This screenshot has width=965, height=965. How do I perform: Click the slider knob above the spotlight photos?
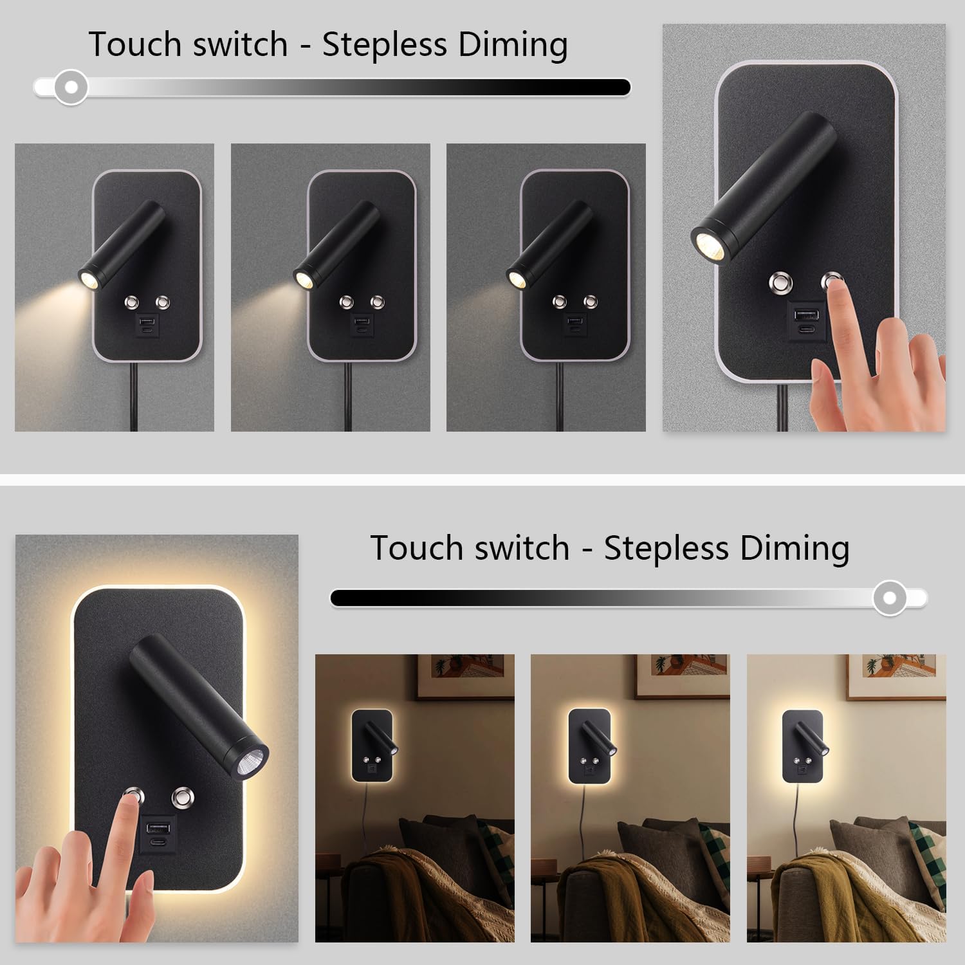[x=71, y=86]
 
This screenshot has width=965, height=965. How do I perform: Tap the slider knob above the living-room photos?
[x=890, y=598]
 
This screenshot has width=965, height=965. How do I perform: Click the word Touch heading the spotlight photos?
[x=134, y=44]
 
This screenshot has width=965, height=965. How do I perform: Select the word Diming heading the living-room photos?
[x=795, y=548]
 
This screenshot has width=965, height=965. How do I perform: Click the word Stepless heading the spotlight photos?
[x=384, y=45]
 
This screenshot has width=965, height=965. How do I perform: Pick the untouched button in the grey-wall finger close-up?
[x=781, y=282]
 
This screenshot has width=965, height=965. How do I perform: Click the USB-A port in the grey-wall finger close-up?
[x=805, y=316]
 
